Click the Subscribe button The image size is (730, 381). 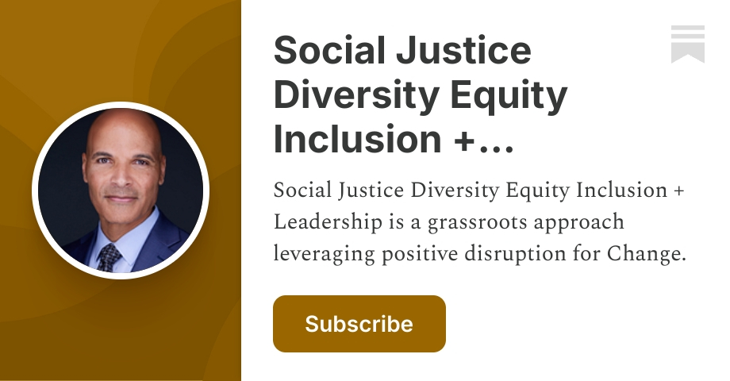point(359,324)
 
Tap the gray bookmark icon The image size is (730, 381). point(687,44)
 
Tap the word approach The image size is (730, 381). point(580,223)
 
